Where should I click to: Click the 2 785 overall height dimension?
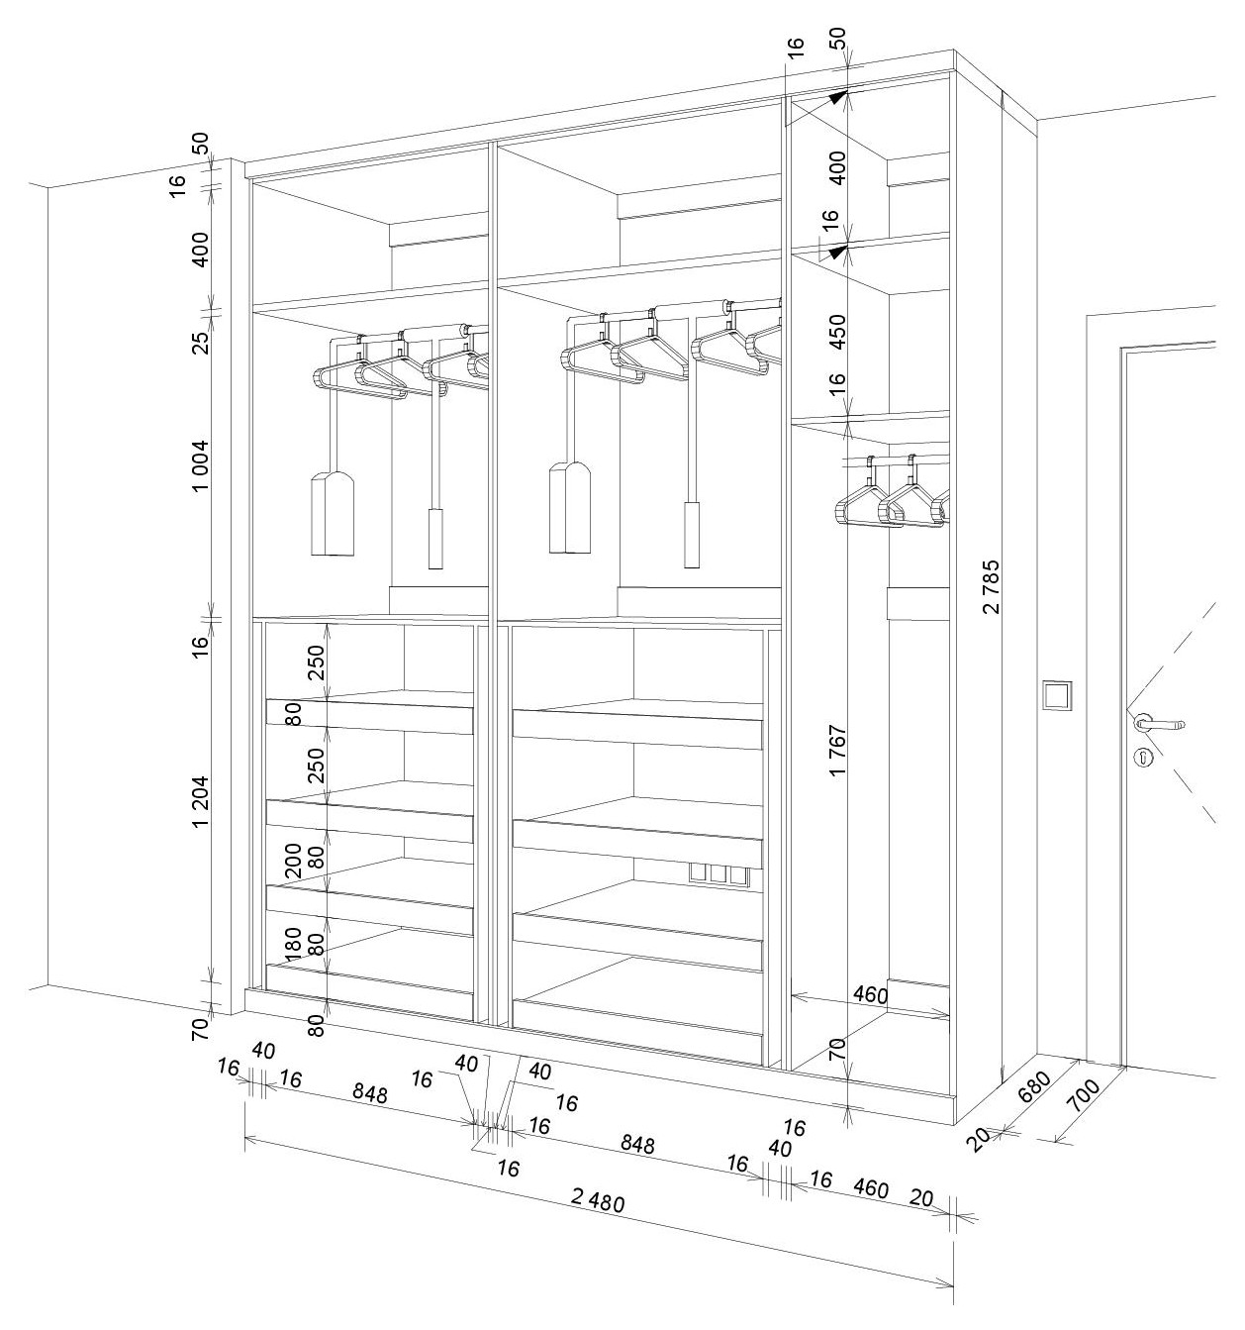pyautogui.click(x=992, y=588)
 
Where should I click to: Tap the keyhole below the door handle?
pyautogui.click(x=1143, y=759)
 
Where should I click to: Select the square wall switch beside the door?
pyautogui.click(x=1057, y=695)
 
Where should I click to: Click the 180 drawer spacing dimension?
pyautogui.click(x=293, y=944)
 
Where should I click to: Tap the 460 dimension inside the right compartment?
pyautogui.click(x=871, y=995)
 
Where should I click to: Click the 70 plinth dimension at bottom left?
pyautogui.click(x=201, y=1028)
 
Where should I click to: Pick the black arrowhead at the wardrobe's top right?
pyautogui.click(x=839, y=97)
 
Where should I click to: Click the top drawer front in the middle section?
pyautogui.click(x=637, y=729)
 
